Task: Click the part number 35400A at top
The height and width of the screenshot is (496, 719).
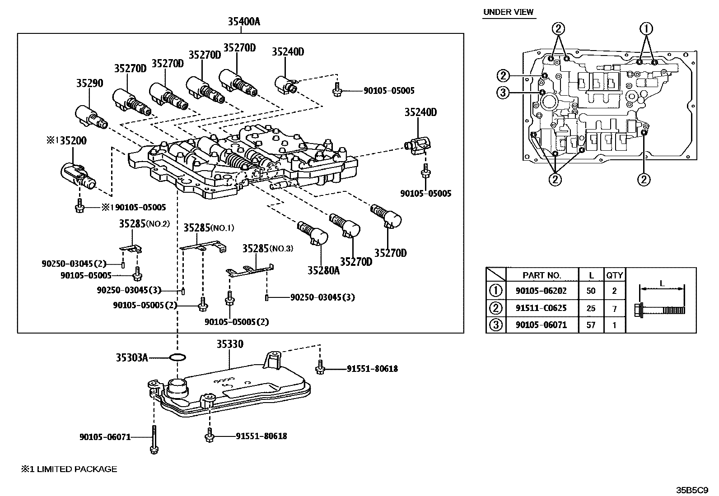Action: pyautogui.click(x=244, y=21)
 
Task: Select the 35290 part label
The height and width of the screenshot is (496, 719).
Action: pyautogui.click(x=89, y=83)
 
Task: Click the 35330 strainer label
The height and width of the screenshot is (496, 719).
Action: pyautogui.click(x=229, y=344)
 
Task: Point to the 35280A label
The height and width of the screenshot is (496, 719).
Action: pyautogui.click(x=323, y=270)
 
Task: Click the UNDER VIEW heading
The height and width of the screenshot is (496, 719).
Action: pyautogui.click(x=508, y=12)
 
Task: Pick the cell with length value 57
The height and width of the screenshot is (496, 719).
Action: pyautogui.click(x=590, y=325)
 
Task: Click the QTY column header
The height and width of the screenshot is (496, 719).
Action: pyautogui.click(x=614, y=275)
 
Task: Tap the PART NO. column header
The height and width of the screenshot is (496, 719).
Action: pyautogui.click(x=542, y=275)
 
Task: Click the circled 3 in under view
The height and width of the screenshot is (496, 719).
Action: pyautogui.click(x=503, y=93)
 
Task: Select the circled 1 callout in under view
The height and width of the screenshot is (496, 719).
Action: pyautogui.click(x=646, y=29)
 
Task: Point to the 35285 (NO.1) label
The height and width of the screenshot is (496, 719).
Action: pyautogui.click(x=209, y=228)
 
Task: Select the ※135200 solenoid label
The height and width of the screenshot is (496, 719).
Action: pyautogui.click(x=66, y=140)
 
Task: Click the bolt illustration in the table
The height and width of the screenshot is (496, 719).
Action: pyautogui.click(x=661, y=310)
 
